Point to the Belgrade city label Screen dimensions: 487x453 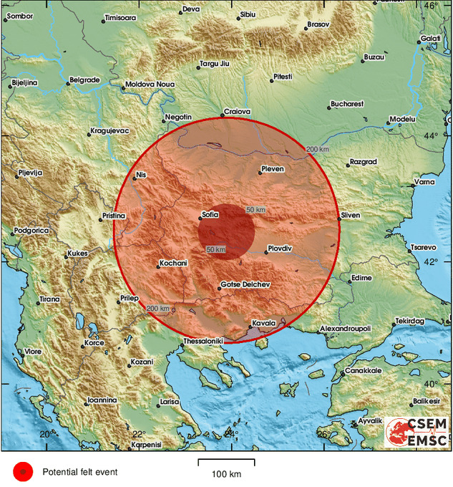click(x=85, y=80)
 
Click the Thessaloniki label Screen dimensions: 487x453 click(x=203, y=341)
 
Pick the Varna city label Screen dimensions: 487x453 click(x=425, y=182)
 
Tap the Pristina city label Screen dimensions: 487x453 click(x=113, y=215)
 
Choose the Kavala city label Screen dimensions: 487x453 click(x=263, y=323)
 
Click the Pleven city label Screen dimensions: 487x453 click(x=272, y=169)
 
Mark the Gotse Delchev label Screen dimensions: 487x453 click(x=245, y=284)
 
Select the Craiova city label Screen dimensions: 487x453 click(x=237, y=111)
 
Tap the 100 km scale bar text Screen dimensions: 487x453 click(x=226, y=474)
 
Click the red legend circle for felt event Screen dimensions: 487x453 click(x=24, y=471)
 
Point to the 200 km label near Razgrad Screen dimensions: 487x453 click(x=318, y=149)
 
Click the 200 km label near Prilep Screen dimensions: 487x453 click(x=157, y=309)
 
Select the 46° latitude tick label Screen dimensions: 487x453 click(x=431, y=6)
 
